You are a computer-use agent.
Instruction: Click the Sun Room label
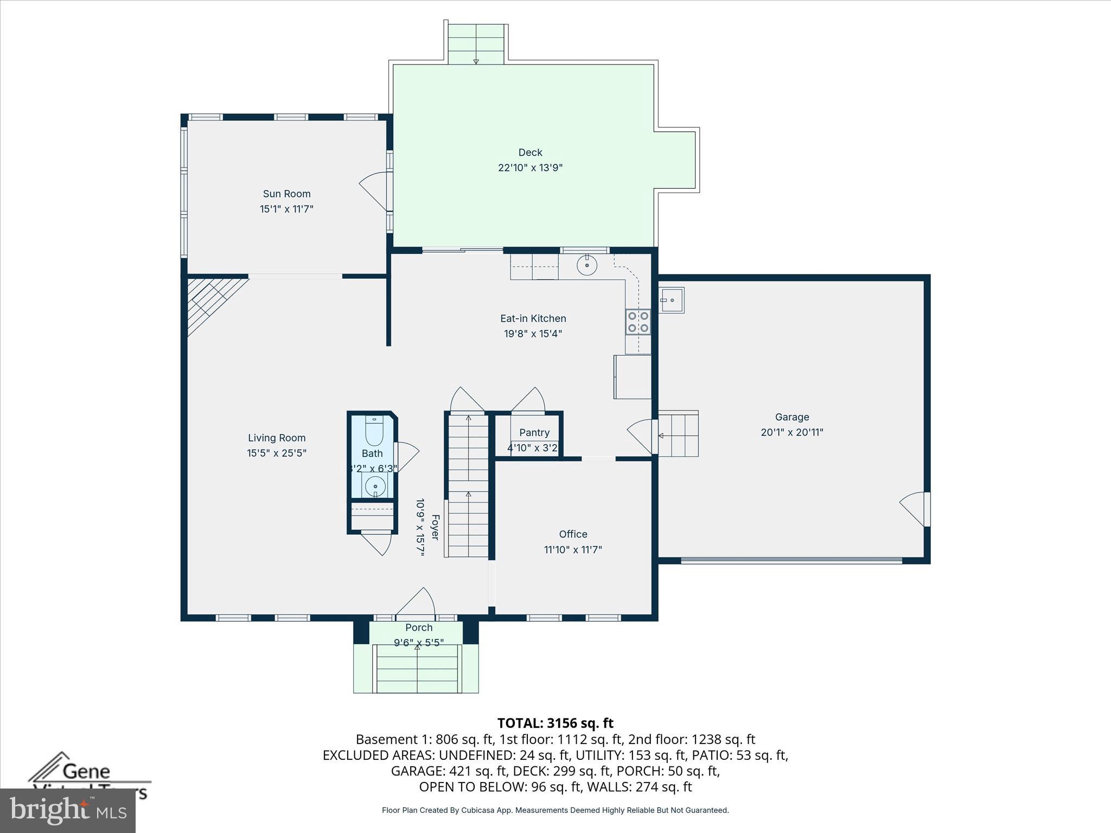pyautogui.click(x=286, y=194)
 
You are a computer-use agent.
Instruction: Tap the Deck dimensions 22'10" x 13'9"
pyautogui.click(x=530, y=168)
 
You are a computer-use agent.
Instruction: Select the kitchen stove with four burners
pyautogui.click(x=638, y=322)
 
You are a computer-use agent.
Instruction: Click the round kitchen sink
pyautogui.click(x=587, y=266)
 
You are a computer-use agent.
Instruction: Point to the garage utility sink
pyautogui.click(x=672, y=300)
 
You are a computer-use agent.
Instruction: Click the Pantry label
pyautogui.click(x=534, y=432)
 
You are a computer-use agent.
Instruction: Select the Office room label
pyautogui.click(x=573, y=534)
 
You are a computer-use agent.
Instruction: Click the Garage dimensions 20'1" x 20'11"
pyautogui.click(x=791, y=432)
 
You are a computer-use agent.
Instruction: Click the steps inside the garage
pyautogui.click(x=678, y=434)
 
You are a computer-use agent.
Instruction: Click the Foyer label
pyautogui.click(x=435, y=527)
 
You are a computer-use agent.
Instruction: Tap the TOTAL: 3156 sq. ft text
pyautogui.click(x=555, y=723)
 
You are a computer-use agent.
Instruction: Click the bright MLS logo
pyautogui.click(x=68, y=810)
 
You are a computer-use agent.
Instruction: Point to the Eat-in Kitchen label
pyautogui.click(x=533, y=318)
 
